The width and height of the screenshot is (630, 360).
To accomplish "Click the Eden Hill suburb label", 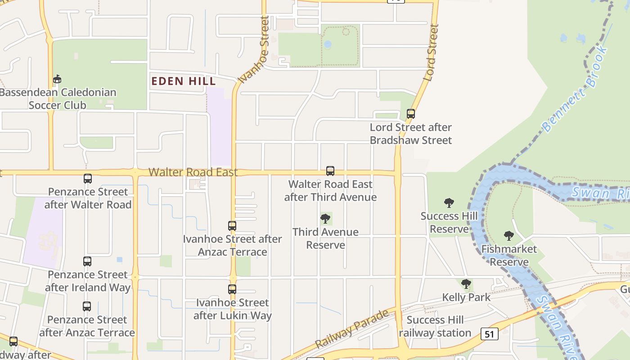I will point(184,81).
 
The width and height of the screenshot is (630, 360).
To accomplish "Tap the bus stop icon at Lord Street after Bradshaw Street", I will point(410,114).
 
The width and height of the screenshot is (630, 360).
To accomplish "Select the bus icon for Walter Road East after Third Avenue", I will point(330,171).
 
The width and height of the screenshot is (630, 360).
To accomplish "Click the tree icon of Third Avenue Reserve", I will point(325,219).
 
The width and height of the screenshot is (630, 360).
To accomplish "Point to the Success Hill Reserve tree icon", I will point(449,203).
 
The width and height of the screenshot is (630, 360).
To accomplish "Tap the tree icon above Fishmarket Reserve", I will point(508,236).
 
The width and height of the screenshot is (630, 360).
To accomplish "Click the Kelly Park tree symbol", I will point(466,284).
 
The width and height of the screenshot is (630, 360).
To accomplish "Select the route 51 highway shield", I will point(489,334).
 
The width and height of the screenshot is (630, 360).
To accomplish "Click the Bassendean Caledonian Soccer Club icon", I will point(57,79).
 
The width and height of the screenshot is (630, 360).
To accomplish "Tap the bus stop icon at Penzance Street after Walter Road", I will point(88,179).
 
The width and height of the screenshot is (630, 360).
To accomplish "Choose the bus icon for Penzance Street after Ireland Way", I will point(87,261).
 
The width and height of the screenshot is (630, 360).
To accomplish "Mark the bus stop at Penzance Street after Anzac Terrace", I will point(87,306).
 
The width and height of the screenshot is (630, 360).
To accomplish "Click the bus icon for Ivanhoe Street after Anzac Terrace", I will point(232,226).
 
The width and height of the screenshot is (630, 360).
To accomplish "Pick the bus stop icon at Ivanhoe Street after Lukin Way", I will point(232,289).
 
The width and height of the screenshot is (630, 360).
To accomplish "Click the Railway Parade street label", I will point(352,329).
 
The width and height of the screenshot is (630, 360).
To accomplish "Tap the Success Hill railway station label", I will point(435,327).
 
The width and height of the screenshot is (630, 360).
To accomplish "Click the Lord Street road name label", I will point(431,53).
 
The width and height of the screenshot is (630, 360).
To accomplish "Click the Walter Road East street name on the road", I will point(193,172).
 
